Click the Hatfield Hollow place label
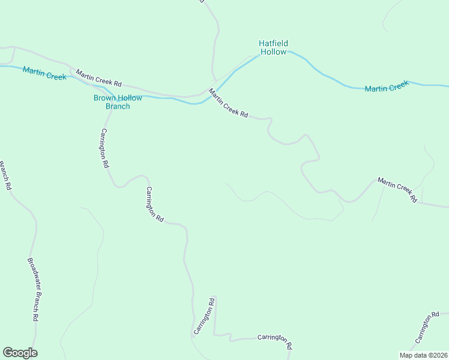[273, 47]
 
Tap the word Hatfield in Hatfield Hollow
[273, 43]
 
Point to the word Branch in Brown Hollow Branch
[118, 107]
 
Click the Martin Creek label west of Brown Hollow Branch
[44, 74]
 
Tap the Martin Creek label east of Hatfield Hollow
[387, 86]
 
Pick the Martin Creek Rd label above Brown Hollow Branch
[99, 77]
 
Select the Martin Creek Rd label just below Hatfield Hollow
[228, 103]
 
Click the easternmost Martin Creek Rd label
[397, 190]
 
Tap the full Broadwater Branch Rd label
[33, 290]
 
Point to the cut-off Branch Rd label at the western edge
[5, 175]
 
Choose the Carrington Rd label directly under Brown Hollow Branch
[105, 148]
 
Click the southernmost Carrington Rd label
[274, 341]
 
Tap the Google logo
[20, 353]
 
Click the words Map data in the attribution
[413, 355]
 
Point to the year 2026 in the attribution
[438, 355]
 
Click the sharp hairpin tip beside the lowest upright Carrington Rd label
[214, 296]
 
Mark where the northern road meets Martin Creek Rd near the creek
[212, 80]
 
